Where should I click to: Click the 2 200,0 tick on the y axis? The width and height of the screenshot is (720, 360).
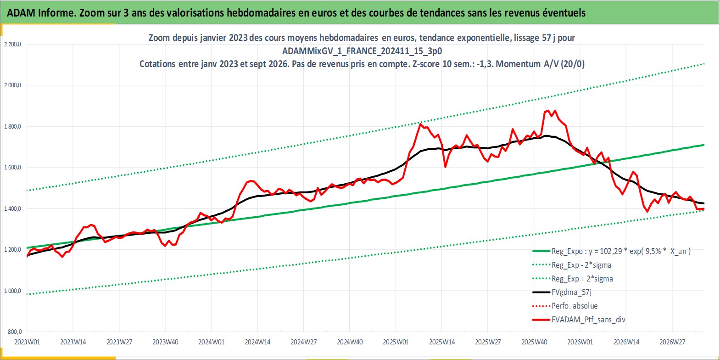point(12,45)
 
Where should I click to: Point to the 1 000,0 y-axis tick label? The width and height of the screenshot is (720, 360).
point(12,291)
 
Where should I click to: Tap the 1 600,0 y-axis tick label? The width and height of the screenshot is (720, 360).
point(12,167)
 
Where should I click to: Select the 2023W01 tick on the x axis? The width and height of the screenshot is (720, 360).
point(27,342)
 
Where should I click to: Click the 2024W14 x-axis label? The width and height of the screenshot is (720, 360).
point(257,342)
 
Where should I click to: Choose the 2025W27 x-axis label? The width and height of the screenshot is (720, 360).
point(488,342)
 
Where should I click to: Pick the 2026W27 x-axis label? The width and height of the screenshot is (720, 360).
point(672,342)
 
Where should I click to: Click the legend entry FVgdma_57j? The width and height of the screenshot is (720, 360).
point(571,292)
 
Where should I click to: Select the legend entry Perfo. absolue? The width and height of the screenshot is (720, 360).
point(575,306)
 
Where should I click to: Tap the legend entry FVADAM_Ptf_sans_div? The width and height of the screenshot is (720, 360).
point(589,320)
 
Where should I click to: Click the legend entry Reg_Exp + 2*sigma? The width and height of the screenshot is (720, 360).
point(582,279)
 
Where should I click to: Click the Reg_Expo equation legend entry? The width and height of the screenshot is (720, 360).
point(621,251)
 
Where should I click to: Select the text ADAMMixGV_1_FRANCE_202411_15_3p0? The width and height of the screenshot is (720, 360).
point(362,51)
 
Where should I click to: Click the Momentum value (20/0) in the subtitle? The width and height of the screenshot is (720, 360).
point(572,64)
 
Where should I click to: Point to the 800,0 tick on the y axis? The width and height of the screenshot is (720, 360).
point(15,332)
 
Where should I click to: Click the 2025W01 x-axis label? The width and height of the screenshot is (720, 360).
point(396,342)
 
